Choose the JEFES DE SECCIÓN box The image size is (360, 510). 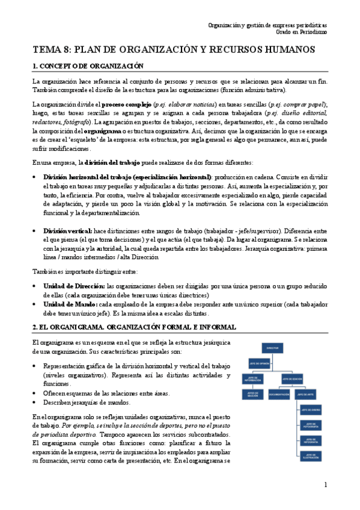252,395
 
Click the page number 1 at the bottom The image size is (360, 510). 325,485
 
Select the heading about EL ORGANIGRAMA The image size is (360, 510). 133,327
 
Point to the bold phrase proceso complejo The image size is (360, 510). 130,103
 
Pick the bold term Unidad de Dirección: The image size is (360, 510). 75,287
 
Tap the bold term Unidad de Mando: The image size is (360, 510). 71,304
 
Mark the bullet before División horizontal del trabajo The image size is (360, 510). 34,177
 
